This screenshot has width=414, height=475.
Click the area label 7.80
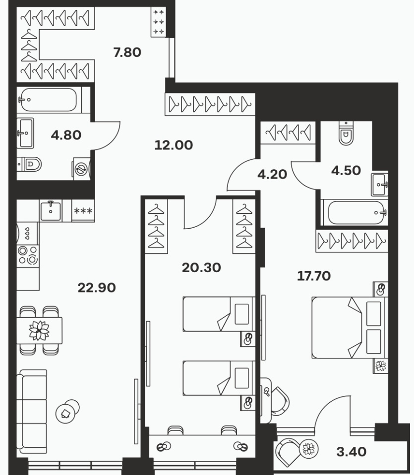click(x=127, y=52)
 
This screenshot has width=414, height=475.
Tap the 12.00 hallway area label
click(x=174, y=145)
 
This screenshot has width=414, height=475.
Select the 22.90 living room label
click(x=97, y=288)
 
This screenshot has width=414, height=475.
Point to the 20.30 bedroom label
click(x=201, y=268)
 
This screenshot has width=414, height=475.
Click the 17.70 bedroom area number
click(x=314, y=276)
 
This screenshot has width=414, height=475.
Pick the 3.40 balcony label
click(x=351, y=452)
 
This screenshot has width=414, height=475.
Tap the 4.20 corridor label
click(x=272, y=175)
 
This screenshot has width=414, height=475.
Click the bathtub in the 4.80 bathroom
click(x=48, y=99)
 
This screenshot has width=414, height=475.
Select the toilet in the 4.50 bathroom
click(x=346, y=134)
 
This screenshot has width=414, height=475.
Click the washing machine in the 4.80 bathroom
click(x=81, y=169)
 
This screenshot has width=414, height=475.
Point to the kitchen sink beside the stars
click(x=51, y=211)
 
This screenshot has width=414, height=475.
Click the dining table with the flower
click(x=39, y=330)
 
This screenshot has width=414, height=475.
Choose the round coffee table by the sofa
click(x=67, y=411)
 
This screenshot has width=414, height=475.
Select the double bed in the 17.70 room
click(x=350, y=328)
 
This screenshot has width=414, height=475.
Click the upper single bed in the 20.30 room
click(x=219, y=314)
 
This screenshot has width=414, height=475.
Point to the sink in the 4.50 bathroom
click(x=379, y=185)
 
